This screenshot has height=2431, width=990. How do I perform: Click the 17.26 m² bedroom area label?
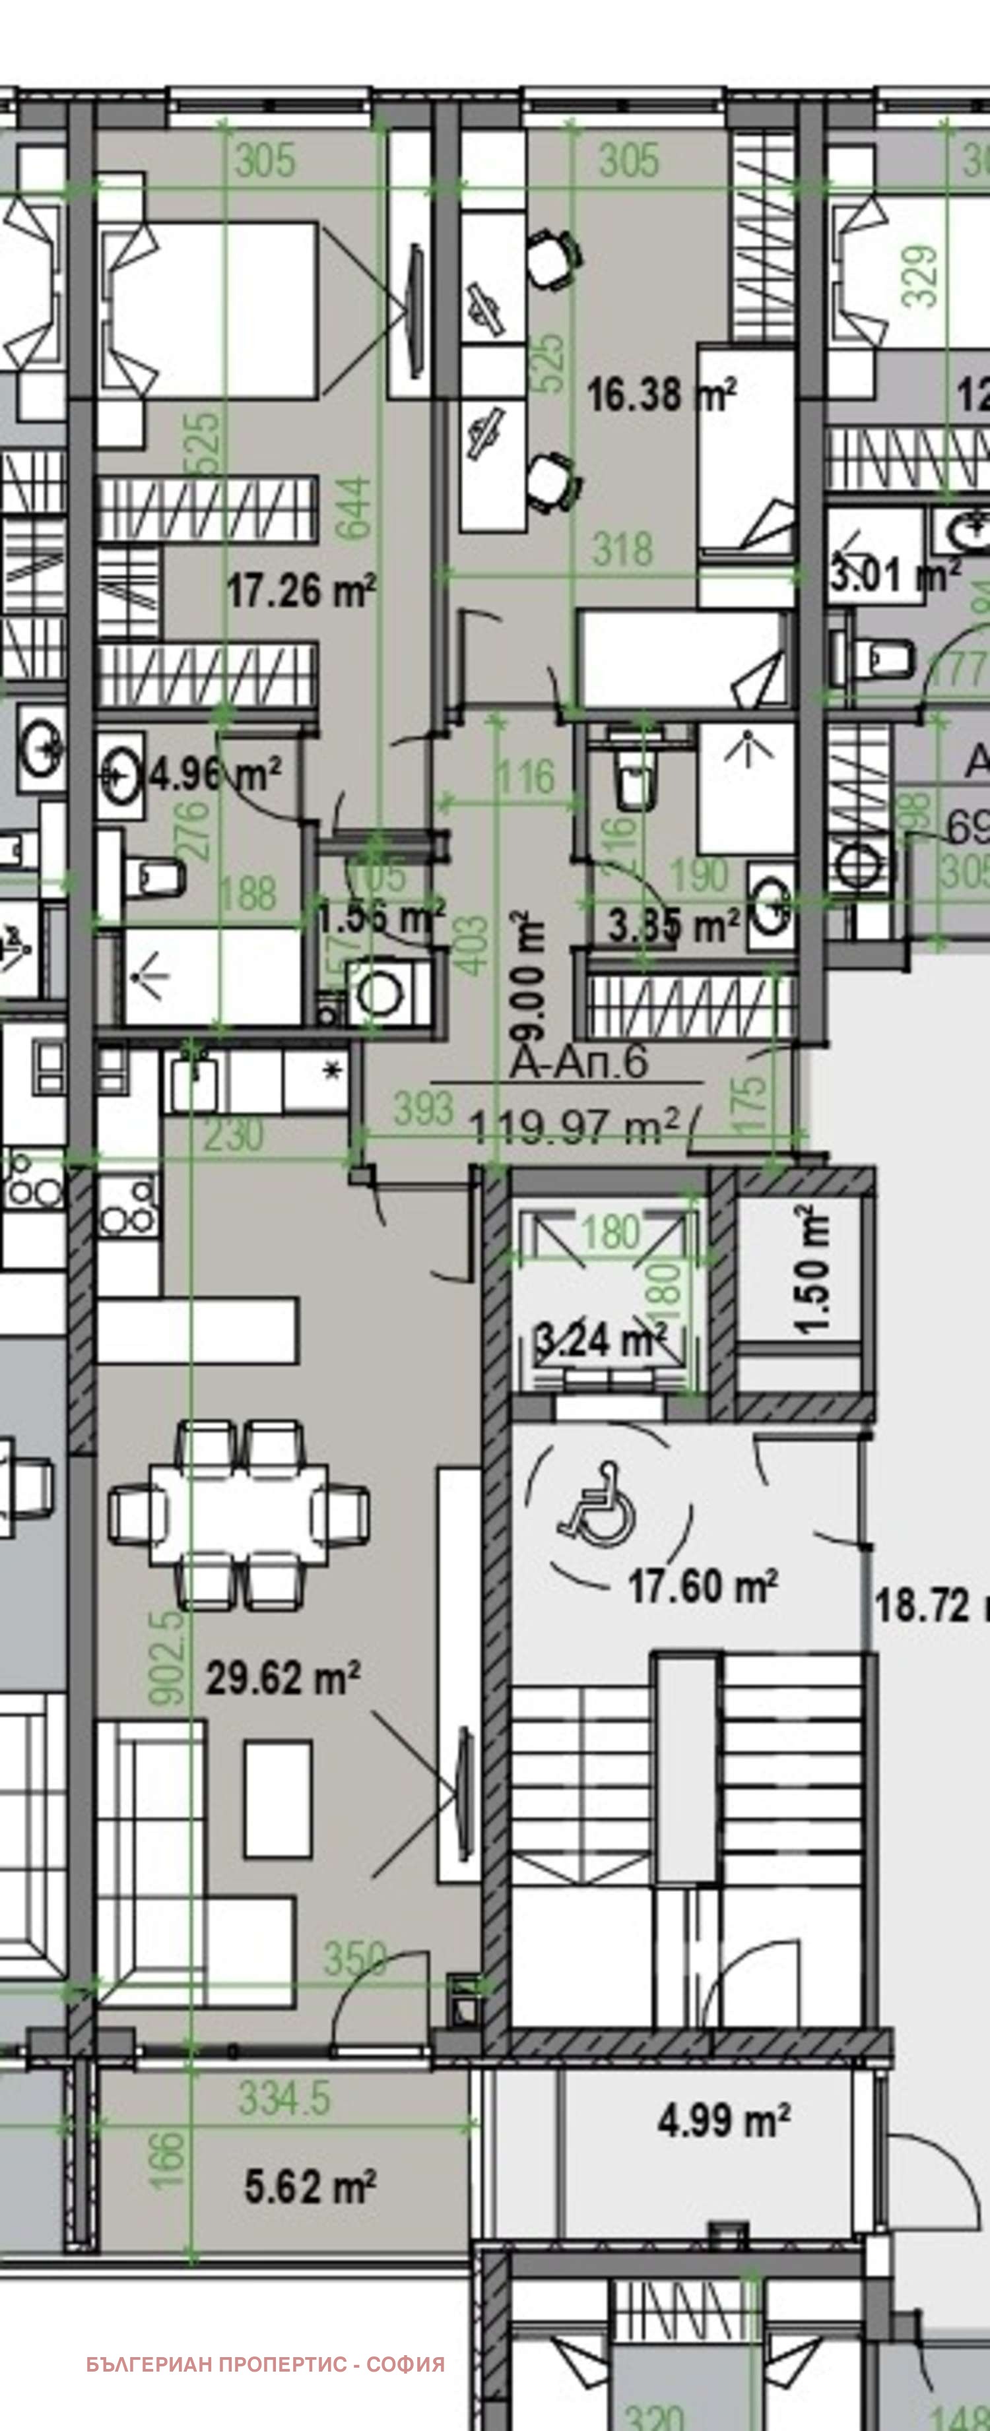point(300,591)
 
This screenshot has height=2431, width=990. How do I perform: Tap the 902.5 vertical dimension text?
point(168,1657)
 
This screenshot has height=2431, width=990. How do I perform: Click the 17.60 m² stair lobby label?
point(702,1585)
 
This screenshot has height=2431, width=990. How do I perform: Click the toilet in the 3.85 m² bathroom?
point(635,783)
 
